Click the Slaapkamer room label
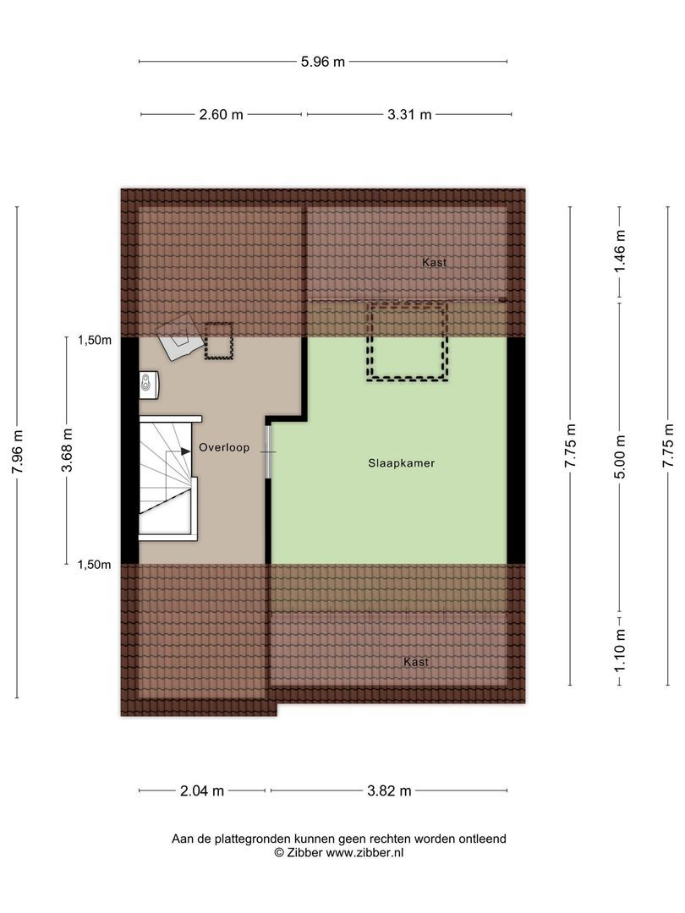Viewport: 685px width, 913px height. (401, 463)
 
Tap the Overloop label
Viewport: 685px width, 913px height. (224, 448)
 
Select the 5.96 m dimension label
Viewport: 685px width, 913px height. (322, 61)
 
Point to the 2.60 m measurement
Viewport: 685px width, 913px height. (221, 115)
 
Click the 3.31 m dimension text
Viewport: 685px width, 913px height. (409, 115)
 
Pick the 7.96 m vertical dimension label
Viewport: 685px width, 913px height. (18, 453)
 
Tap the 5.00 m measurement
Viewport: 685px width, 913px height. (621, 456)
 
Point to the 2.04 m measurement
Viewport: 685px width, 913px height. (202, 791)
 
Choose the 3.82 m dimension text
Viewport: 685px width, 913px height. (389, 791)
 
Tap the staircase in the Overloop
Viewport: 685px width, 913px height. (167, 478)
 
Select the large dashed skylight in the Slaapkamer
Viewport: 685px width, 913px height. (406, 341)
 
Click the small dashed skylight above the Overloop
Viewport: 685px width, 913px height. (218, 341)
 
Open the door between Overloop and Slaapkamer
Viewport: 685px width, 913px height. (269, 451)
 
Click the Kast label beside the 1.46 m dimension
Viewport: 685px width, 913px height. (434, 263)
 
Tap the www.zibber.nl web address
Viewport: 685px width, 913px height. (364, 853)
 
